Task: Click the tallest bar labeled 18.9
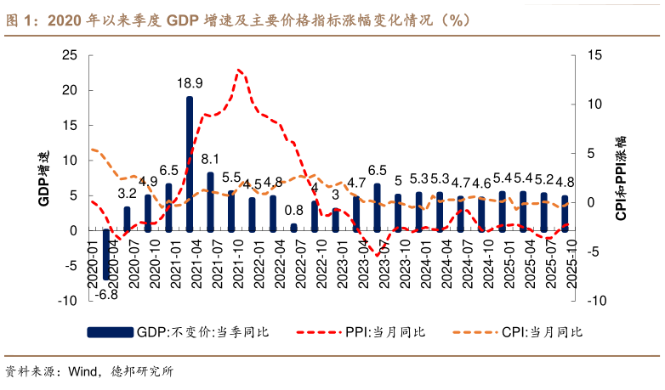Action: tap(190, 163)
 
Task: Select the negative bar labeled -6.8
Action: tap(106, 254)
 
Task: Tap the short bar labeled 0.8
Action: tap(293, 227)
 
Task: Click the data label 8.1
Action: tap(210, 159)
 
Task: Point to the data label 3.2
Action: tap(127, 194)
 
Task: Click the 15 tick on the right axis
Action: tap(594, 55)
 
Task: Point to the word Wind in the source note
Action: tap(82, 371)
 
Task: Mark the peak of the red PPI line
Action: tap(240, 70)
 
